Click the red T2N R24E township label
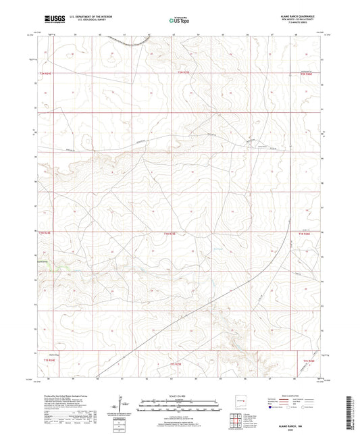(x=46, y=73)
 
